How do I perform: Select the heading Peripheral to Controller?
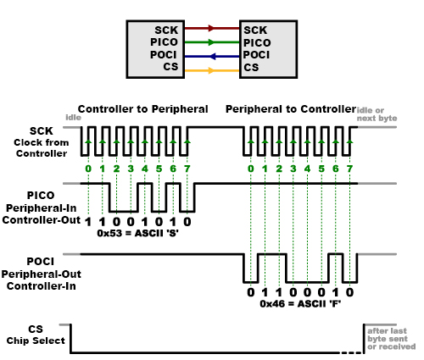[x=291, y=109]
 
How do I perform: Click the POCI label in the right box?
[x=256, y=54]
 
